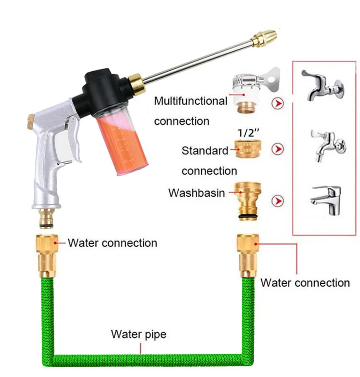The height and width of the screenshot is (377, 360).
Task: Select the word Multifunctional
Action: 191,101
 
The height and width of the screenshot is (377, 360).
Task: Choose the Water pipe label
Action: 138,334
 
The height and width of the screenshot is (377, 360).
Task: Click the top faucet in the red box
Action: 322,85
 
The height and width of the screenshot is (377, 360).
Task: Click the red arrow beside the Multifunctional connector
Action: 278,103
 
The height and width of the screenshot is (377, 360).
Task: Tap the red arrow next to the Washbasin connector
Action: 278,200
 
